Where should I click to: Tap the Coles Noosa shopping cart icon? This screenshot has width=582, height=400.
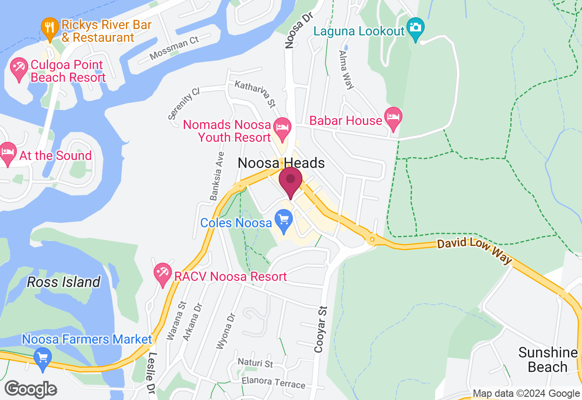coord(284,220)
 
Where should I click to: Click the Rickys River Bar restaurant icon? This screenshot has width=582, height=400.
coord(49,29)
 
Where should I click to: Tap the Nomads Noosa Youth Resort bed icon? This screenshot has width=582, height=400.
coord(282,128)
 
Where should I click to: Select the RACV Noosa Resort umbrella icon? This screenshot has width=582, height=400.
coord(162,274)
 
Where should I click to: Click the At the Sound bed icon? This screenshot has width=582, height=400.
coord(7,153)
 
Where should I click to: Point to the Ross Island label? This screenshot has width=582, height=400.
coord(64,282)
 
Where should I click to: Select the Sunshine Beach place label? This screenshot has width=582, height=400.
coord(547,360)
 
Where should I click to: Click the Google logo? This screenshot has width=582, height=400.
coord(30,389)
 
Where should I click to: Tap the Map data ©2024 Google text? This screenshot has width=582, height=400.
coord(526,394)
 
